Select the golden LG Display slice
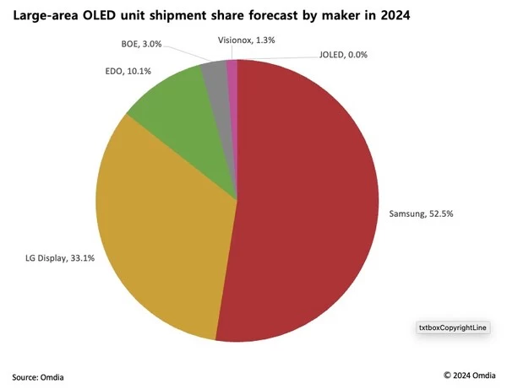tap(161, 228)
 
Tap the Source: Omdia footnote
tap(38, 376)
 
